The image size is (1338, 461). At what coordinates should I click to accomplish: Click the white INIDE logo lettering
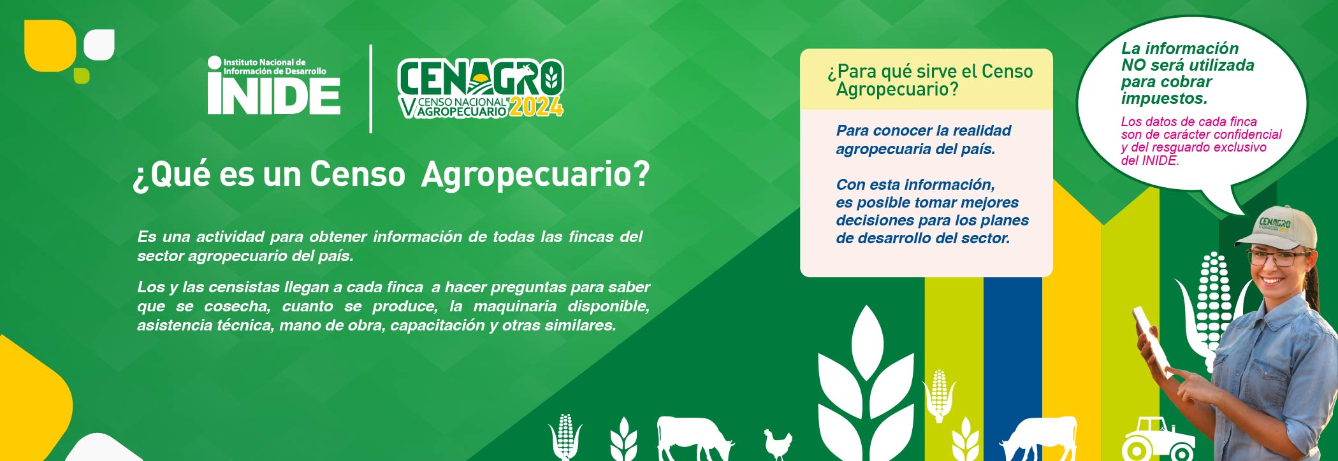tap(273, 94)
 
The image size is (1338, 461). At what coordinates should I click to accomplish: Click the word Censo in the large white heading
tap(358, 174)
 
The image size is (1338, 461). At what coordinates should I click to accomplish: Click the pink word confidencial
tap(1247, 134)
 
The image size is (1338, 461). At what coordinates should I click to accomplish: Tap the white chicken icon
tap(778, 443)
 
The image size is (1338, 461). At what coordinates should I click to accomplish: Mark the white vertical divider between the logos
tap(371, 89)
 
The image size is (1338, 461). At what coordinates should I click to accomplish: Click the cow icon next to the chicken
tap(694, 437)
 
